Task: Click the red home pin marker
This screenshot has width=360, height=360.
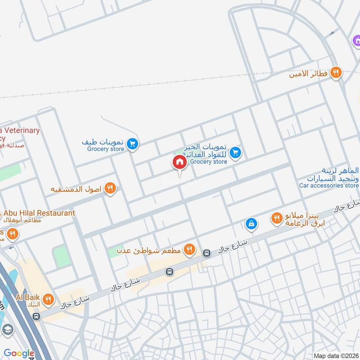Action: coord(179,162)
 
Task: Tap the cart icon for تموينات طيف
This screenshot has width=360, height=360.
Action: coord(132,144)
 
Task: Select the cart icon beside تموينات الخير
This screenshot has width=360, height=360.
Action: coord(235,153)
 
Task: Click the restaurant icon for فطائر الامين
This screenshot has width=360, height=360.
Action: coord(336,72)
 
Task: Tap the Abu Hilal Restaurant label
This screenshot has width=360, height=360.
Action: coord(40,213)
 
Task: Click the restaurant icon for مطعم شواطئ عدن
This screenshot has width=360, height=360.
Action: coord(190,248)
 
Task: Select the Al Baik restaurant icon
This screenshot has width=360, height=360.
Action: coord(48,299)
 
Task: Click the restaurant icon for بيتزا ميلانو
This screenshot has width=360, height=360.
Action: coord(276,219)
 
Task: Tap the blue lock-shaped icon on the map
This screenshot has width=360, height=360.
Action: coord(251,223)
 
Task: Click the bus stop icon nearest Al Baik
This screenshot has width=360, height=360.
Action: coord(36,316)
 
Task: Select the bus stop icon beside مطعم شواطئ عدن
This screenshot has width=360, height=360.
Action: coord(207,253)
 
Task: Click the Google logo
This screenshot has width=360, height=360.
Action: coord(19,353)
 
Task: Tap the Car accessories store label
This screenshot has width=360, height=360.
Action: coord(329,185)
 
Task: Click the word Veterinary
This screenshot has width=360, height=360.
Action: coord(21,130)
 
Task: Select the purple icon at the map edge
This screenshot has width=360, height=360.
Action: coord(356,41)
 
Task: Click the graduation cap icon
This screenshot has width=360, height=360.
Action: coord(7,330)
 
